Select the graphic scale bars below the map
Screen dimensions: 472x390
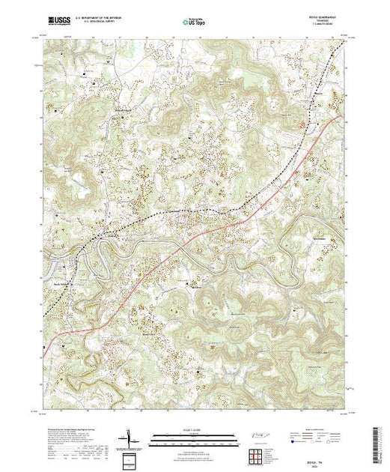coord(195,439)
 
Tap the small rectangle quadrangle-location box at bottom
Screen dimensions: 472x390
coord(132,459)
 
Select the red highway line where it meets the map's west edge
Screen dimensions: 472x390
coord(44,345)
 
